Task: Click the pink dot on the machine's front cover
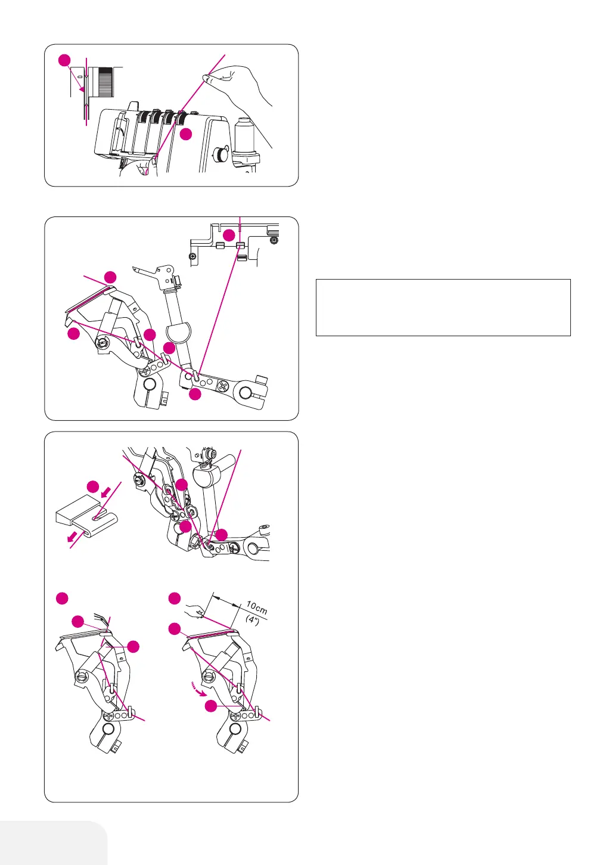point(186,134)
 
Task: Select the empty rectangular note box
point(443,307)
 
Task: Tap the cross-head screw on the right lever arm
point(224,386)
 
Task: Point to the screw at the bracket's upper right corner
point(273,241)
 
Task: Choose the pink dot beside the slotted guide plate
point(93,486)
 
